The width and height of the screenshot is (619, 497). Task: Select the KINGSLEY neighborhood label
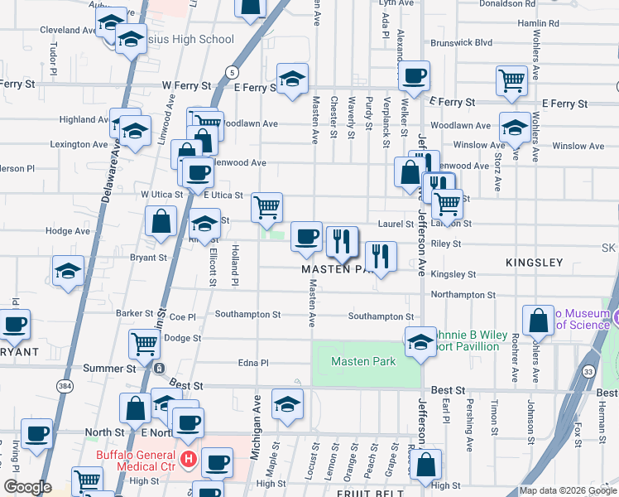[534, 263]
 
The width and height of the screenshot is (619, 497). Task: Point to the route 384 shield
[65, 385]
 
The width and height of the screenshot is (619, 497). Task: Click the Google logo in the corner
[27, 487]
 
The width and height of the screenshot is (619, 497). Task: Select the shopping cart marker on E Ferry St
[512, 80]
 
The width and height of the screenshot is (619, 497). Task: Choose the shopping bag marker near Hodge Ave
[161, 220]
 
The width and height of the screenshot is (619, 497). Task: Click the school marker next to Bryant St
[68, 270]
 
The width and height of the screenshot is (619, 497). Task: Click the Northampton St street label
[463, 294]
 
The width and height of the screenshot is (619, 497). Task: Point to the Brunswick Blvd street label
[460, 42]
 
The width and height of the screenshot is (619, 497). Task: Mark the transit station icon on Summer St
[159, 368]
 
